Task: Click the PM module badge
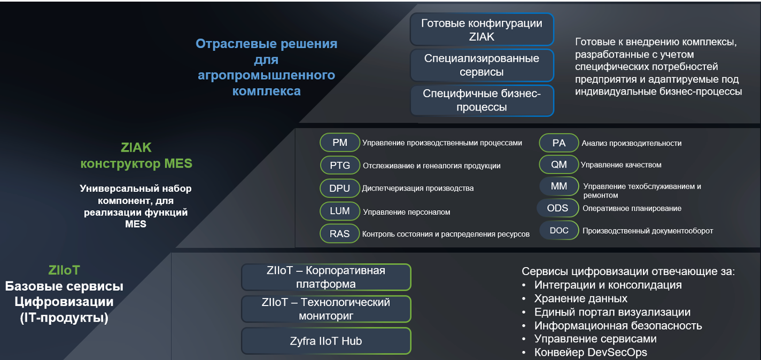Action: tap(340, 142)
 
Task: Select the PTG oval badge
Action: tap(340, 166)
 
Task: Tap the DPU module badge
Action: tap(340, 188)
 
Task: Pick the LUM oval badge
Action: tap(340, 211)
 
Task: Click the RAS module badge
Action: tap(340, 233)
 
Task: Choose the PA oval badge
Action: tap(559, 143)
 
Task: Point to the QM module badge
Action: tap(559, 165)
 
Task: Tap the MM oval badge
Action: tap(559, 186)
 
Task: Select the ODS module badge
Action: tap(557, 208)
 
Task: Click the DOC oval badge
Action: tap(559, 230)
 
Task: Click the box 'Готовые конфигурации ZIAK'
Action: tap(482, 29)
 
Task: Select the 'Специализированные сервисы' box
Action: tap(482, 65)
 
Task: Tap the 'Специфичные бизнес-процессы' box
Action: tap(482, 100)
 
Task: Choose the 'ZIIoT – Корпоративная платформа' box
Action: tap(326, 277)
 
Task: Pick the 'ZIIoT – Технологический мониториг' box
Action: tap(326, 309)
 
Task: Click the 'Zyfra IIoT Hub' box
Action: tap(326, 341)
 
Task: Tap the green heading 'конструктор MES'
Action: tap(136, 163)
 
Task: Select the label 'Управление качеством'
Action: tap(621, 165)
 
